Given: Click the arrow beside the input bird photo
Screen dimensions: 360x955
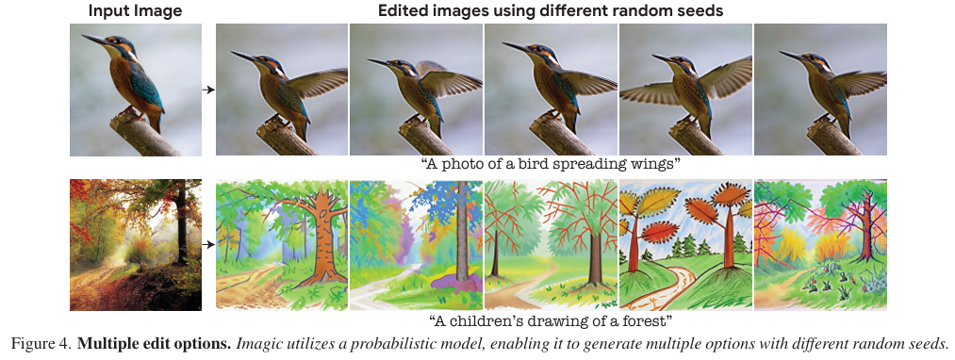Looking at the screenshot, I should pyautogui.click(x=209, y=90).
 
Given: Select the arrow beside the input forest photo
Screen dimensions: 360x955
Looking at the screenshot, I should pyautogui.click(x=209, y=245).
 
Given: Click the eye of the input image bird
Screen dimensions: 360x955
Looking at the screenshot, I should pyautogui.click(x=120, y=43).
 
